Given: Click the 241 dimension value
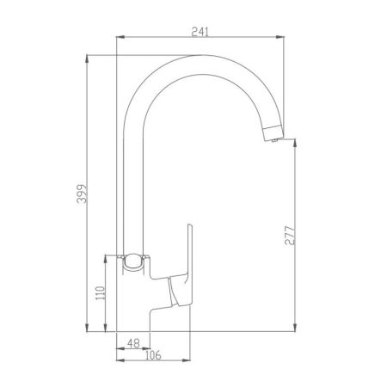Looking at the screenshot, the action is click(x=200, y=32).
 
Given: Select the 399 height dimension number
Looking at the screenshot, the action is click(x=82, y=193).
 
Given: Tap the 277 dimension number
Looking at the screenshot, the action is click(x=290, y=236).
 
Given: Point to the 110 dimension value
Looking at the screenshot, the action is click(x=101, y=293).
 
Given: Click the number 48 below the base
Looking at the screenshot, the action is click(x=133, y=343).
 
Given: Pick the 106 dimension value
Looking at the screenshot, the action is click(x=153, y=355).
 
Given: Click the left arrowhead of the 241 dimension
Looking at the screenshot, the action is click(x=120, y=37).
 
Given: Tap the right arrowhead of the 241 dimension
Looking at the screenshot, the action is click(x=280, y=37).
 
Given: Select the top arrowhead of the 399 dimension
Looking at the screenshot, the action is click(x=87, y=58).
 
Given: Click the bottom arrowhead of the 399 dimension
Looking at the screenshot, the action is click(x=87, y=328).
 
